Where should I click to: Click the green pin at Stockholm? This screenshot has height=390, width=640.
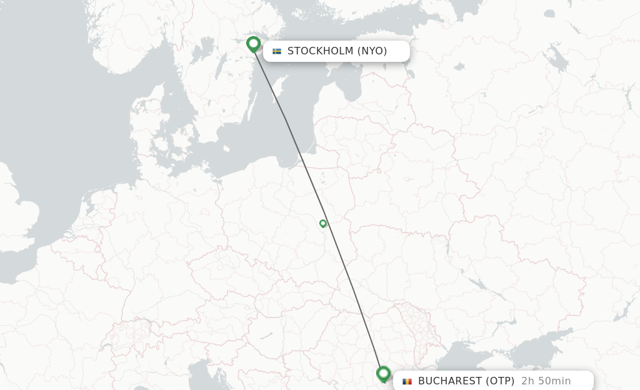point(253,44)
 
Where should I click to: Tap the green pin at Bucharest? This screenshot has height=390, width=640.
point(384,374)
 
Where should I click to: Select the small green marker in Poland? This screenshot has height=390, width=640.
point(323,223)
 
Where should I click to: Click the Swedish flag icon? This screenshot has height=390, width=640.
point(277,51)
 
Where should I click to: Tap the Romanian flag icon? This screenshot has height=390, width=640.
point(407,381)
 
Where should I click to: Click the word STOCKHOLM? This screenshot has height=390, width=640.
point(320,51)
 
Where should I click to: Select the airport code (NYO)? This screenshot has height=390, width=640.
point(372,51)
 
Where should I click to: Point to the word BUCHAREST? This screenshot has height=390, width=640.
point(450,381)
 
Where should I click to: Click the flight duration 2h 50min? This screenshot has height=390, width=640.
point(546,381)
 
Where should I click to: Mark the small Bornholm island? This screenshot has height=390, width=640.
point(220,148)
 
